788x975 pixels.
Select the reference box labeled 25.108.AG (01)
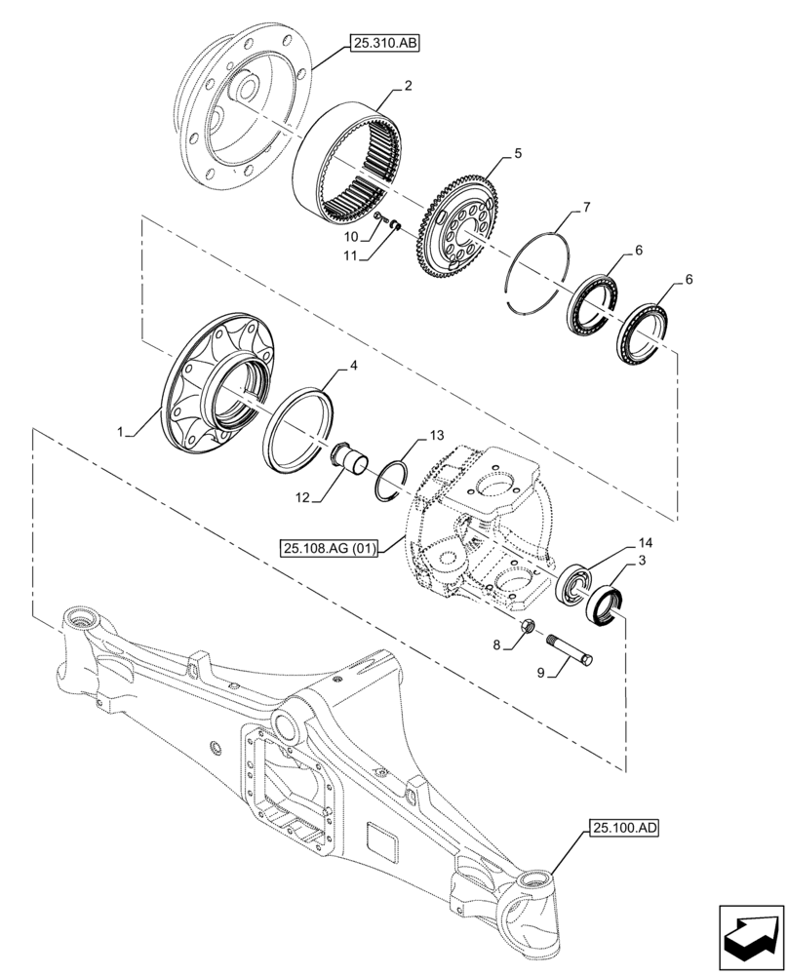[332, 549]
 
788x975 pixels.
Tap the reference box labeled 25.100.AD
[624, 829]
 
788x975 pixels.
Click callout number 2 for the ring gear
[407, 86]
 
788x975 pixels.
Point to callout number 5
[518, 153]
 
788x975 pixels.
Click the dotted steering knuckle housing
[478, 531]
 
